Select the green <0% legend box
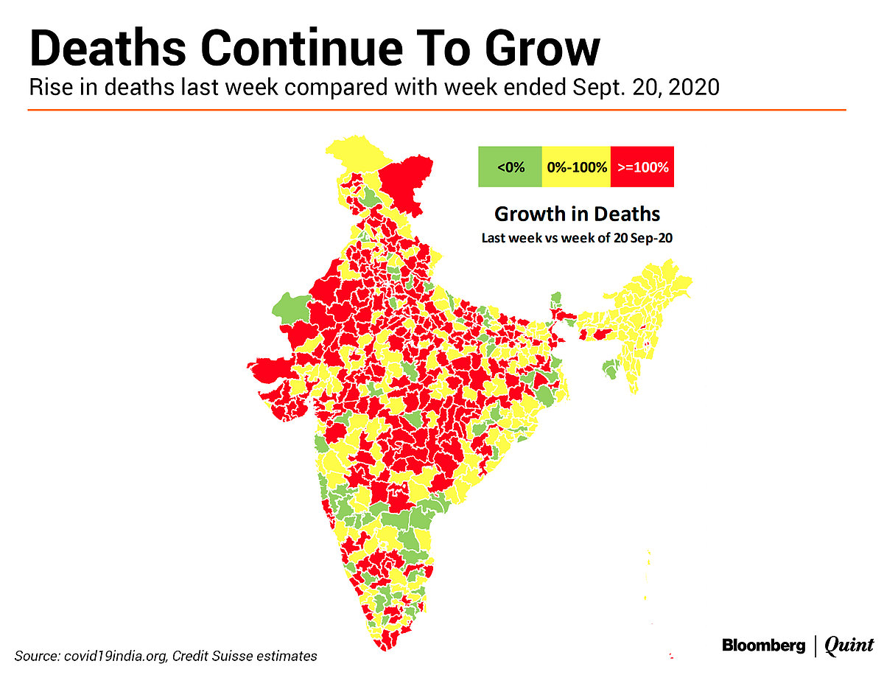click(x=511, y=167)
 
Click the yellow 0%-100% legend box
click(x=577, y=167)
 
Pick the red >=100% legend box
click(x=642, y=167)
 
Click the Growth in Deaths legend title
click(x=577, y=214)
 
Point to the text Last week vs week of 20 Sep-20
click(x=577, y=238)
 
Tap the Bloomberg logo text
click(x=763, y=646)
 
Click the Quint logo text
click(x=849, y=646)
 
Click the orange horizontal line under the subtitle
click(x=436, y=110)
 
